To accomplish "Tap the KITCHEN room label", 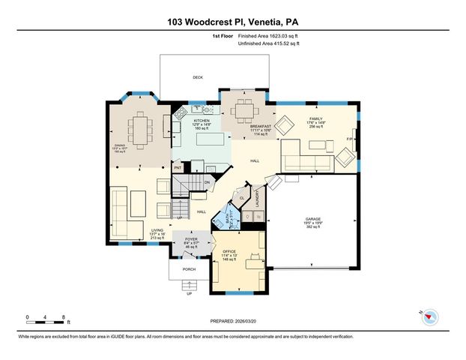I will (202, 120).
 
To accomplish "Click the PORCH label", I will (190, 268).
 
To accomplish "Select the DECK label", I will (198, 77).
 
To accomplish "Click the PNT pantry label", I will (178, 168).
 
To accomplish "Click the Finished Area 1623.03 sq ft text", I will (272, 36).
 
